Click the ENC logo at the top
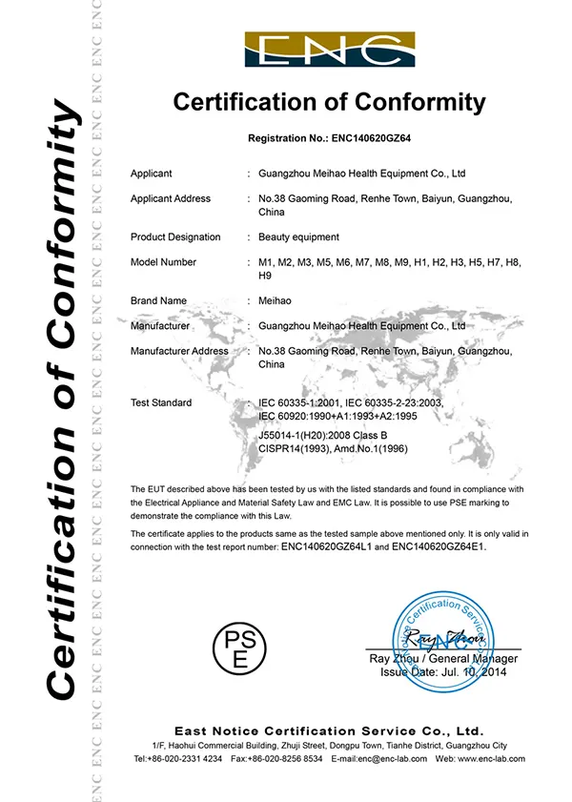329,50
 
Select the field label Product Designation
174,236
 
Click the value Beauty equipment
298,236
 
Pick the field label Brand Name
158,300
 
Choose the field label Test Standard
160,402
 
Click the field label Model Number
163,261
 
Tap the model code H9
266,276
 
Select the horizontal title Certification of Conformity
329,103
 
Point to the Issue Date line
443,672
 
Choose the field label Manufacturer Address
179,351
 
